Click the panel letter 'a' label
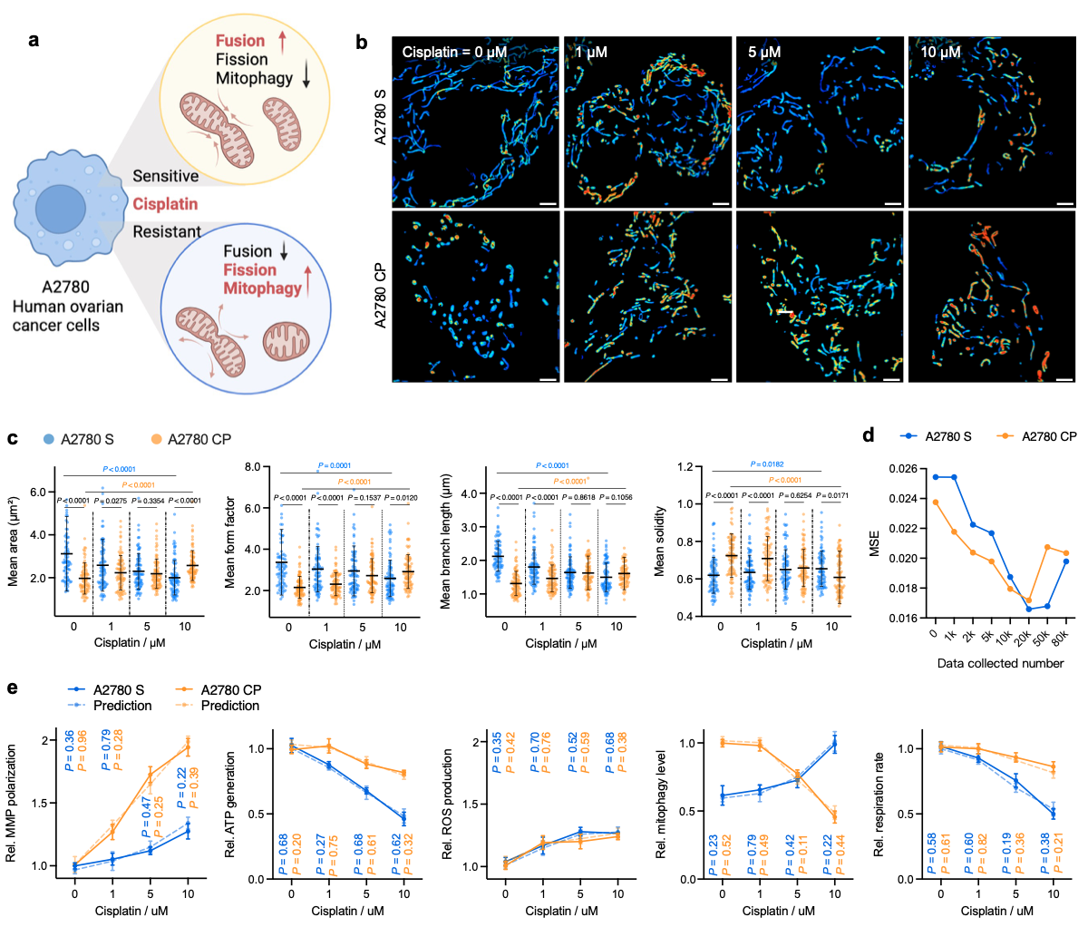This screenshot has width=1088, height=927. coord(34,41)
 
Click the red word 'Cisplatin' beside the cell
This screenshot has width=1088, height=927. coord(165,204)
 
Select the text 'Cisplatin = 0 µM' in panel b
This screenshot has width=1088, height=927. coord(454,53)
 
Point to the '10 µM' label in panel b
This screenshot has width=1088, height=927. coord(940,53)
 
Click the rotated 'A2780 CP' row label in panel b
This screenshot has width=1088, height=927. coord(381,296)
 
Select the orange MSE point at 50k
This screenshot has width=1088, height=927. coord(1046,547)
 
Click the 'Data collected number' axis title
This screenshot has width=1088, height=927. coord(1000,663)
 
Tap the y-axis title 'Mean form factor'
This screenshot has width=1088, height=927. coord(230,542)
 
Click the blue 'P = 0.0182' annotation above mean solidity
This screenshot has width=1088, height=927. coord(767,464)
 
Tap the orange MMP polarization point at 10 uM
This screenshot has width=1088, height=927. coord(188,746)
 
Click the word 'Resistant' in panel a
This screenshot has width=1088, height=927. coord(167,232)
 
